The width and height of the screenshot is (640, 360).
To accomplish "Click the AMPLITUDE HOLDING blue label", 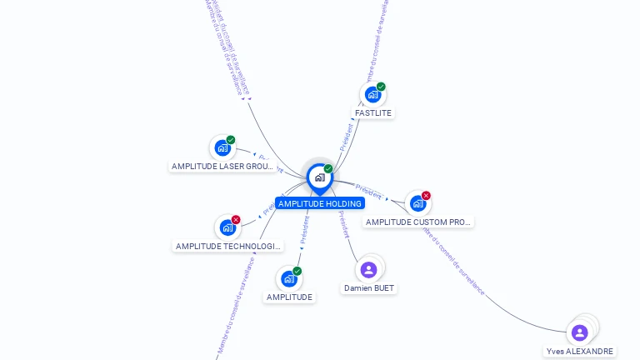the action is pyautogui.click(x=320, y=203).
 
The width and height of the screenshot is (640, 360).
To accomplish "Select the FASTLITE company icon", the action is pyautogui.click(x=372, y=94).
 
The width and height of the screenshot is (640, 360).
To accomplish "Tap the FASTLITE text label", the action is pyautogui.click(x=372, y=112).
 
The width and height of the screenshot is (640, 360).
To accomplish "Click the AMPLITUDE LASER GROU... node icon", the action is pyautogui.click(x=222, y=147).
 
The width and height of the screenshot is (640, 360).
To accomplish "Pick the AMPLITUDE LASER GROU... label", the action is pyautogui.click(x=222, y=166).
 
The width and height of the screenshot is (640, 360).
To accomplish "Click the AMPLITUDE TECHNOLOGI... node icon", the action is pyautogui.click(x=227, y=227).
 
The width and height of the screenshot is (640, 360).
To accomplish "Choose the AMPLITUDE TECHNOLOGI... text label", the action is pyautogui.click(x=228, y=246).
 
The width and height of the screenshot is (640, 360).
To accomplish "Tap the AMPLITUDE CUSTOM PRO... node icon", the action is pyautogui.click(x=417, y=202).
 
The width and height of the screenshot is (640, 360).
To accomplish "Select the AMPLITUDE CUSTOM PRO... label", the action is pyautogui.click(x=418, y=222).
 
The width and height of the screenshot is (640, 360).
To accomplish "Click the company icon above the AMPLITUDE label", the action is pyautogui.click(x=288, y=278).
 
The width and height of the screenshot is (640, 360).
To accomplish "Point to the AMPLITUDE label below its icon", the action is pyautogui.click(x=289, y=297).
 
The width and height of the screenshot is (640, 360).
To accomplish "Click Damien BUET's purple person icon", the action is pyautogui.click(x=368, y=269).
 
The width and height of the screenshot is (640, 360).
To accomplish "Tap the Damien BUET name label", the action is pyautogui.click(x=369, y=287).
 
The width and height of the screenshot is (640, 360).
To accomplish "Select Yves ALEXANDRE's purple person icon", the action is pyautogui.click(x=579, y=332).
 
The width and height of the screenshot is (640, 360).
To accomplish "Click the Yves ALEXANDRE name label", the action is pyautogui.click(x=580, y=351).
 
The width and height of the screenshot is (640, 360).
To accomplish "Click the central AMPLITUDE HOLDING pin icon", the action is pyautogui.click(x=319, y=177).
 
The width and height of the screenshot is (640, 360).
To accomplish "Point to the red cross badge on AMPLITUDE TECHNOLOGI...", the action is pyautogui.click(x=236, y=219).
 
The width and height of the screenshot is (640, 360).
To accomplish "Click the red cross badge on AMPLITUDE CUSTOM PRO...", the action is pyautogui.click(x=427, y=195).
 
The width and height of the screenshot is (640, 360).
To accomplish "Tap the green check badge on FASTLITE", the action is pyautogui.click(x=381, y=87).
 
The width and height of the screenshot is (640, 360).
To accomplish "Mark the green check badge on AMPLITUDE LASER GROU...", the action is pyautogui.click(x=231, y=140).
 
